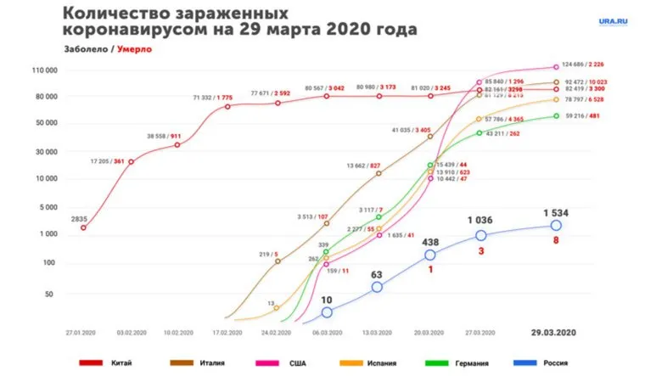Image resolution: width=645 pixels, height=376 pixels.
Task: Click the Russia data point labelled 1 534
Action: (556, 225)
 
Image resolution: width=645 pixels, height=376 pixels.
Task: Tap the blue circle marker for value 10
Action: (327, 312)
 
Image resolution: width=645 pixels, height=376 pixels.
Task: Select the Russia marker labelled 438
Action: (429, 255)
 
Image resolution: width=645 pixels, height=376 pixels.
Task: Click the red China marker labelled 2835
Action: (82, 227)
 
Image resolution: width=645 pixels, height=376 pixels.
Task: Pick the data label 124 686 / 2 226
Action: (592, 64)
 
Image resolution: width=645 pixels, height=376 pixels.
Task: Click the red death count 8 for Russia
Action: (557, 241)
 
